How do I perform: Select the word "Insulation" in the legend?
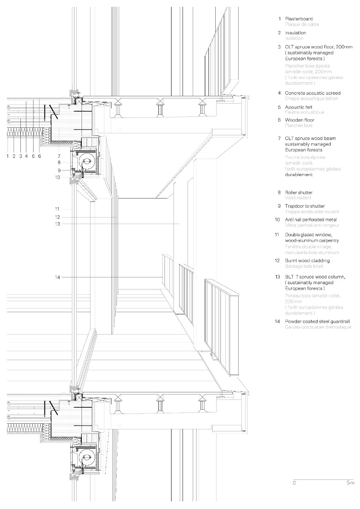coord(295,33)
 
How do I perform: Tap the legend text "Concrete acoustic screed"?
coord(312,93)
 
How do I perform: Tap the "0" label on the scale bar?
coord(294,483)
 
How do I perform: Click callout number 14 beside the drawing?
coord(58,277)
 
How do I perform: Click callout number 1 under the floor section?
coord(8,156)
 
